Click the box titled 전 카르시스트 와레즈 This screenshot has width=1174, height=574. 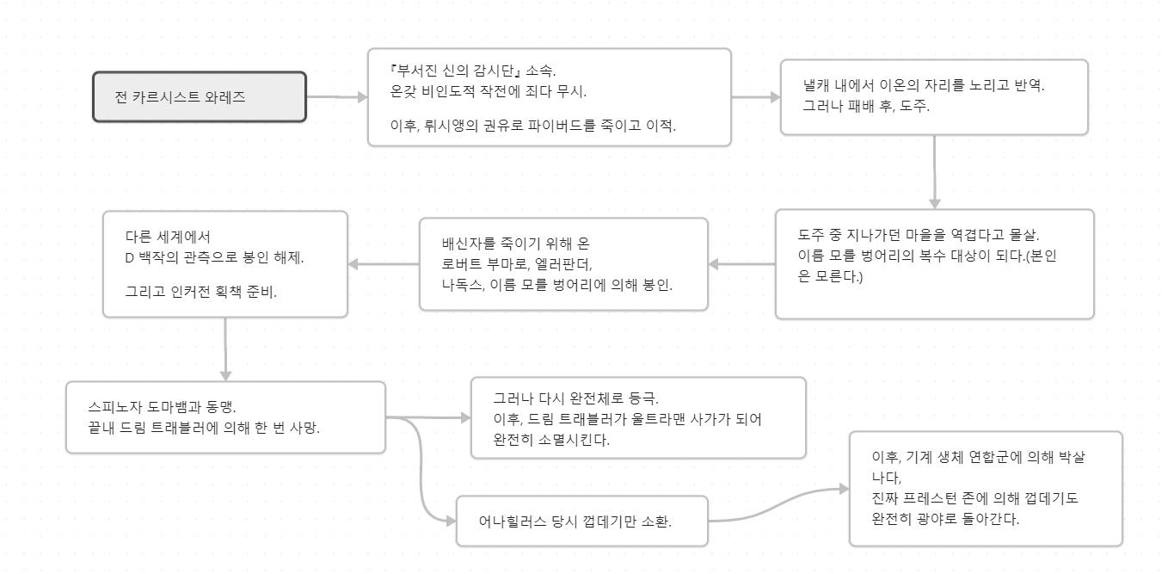coord(199,96)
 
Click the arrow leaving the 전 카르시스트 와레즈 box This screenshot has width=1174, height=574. coord(336,97)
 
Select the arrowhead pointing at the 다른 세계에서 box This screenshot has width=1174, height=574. coord(354,264)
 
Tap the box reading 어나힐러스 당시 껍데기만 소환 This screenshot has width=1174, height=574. coord(581,521)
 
